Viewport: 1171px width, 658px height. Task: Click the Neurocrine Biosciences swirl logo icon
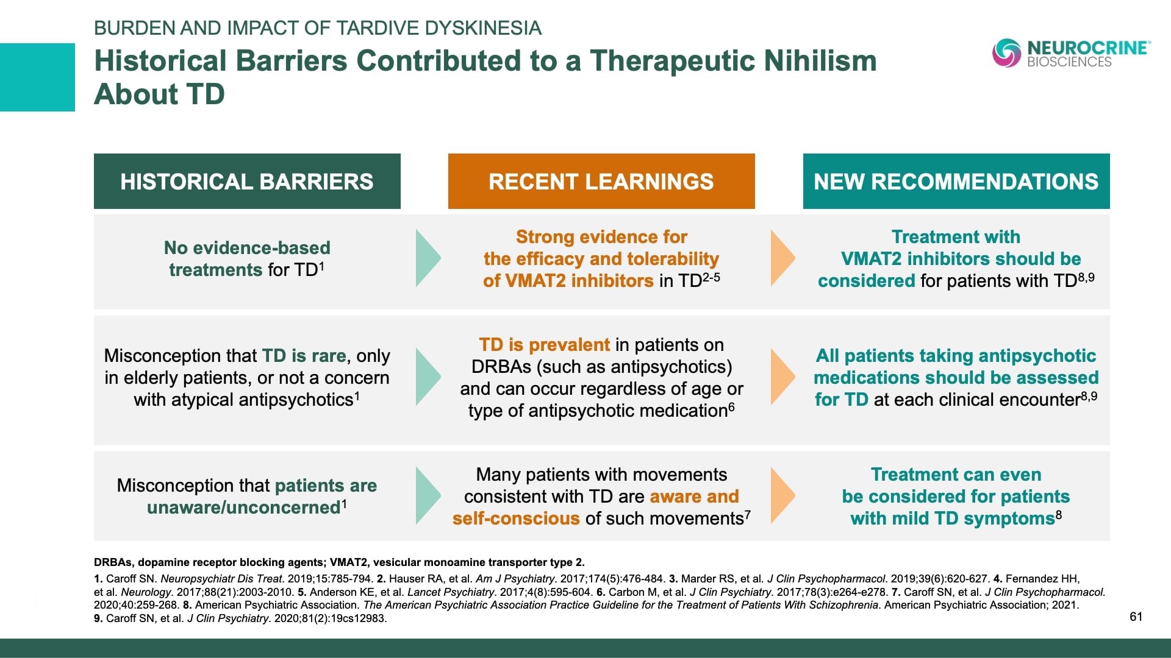pyautogui.click(x=1006, y=53)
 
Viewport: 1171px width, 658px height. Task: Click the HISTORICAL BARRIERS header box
pyautogui.click(x=247, y=182)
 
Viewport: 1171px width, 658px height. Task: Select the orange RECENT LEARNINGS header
pyautogui.click(x=601, y=182)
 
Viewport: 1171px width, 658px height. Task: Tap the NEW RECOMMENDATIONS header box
pyautogui.click(x=956, y=182)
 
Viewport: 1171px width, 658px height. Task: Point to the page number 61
pyautogui.click(x=1136, y=617)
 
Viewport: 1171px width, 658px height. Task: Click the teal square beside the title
pyautogui.click(x=37, y=77)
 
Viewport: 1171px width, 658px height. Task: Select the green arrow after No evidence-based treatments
pyautogui.click(x=428, y=258)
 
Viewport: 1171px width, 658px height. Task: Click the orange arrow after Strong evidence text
pyautogui.click(x=782, y=258)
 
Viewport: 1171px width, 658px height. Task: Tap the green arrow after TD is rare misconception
pyautogui.click(x=428, y=377)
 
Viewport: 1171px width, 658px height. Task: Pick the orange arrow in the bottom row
pyautogui.click(x=782, y=496)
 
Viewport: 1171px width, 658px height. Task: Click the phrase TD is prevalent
pyautogui.click(x=544, y=345)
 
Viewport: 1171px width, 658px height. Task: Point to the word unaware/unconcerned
pyautogui.click(x=243, y=508)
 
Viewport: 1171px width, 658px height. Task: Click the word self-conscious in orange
pyautogui.click(x=515, y=518)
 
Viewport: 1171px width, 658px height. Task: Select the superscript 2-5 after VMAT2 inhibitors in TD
pyautogui.click(x=711, y=277)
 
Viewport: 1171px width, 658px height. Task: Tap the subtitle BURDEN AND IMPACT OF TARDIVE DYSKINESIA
pyautogui.click(x=317, y=28)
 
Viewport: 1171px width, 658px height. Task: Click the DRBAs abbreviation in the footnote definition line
pyautogui.click(x=110, y=562)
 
